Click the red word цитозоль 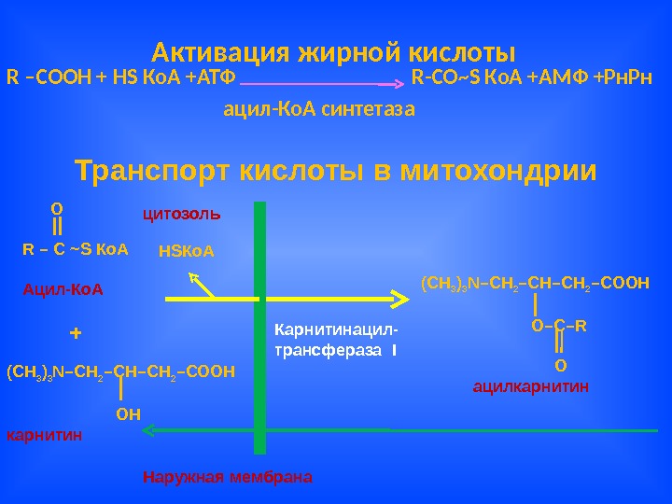coord(181,213)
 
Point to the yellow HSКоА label coord(187,251)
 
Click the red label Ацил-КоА coord(63,290)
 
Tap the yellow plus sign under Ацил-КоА coord(76,333)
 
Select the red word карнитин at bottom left coord(44,435)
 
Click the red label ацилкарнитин coord(531,385)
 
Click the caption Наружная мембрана coord(228,477)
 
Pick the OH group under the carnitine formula coord(127,413)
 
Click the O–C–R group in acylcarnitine coord(558,326)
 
